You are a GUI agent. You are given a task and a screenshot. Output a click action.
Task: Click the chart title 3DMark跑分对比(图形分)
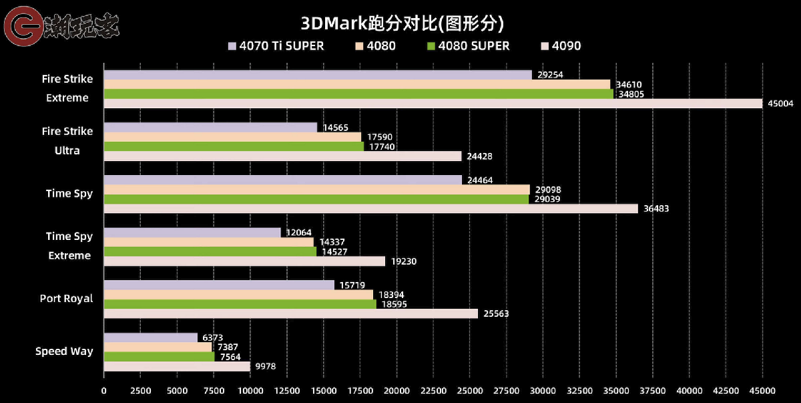click(x=401, y=23)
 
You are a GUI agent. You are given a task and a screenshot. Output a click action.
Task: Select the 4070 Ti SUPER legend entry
click(x=276, y=46)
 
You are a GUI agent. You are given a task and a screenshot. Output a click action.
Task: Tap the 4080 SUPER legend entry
click(x=468, y=46)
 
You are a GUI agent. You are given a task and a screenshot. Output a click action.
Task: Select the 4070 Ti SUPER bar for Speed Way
click(x=150, y=338)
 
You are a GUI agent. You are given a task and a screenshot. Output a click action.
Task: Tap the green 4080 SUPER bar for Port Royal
click(x=240, y=304)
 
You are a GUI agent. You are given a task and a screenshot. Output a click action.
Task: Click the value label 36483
click(x=656, y=209)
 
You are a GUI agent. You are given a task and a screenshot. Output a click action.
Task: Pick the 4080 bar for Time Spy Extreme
click(x=208, y=242)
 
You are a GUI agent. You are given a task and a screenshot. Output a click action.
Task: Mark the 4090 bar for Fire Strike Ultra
click(x=282, y=156)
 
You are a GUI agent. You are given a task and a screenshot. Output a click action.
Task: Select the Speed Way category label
click(x=64, y=352)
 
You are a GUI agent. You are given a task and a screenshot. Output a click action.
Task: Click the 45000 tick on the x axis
click(x=763, y=390)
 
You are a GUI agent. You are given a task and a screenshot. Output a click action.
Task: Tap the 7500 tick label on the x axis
click(x=214, y=390)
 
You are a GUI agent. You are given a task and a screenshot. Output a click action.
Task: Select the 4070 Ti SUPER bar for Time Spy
click(x=282, y=180)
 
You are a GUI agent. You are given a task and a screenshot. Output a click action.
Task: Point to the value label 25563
click(x=496, y=313)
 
